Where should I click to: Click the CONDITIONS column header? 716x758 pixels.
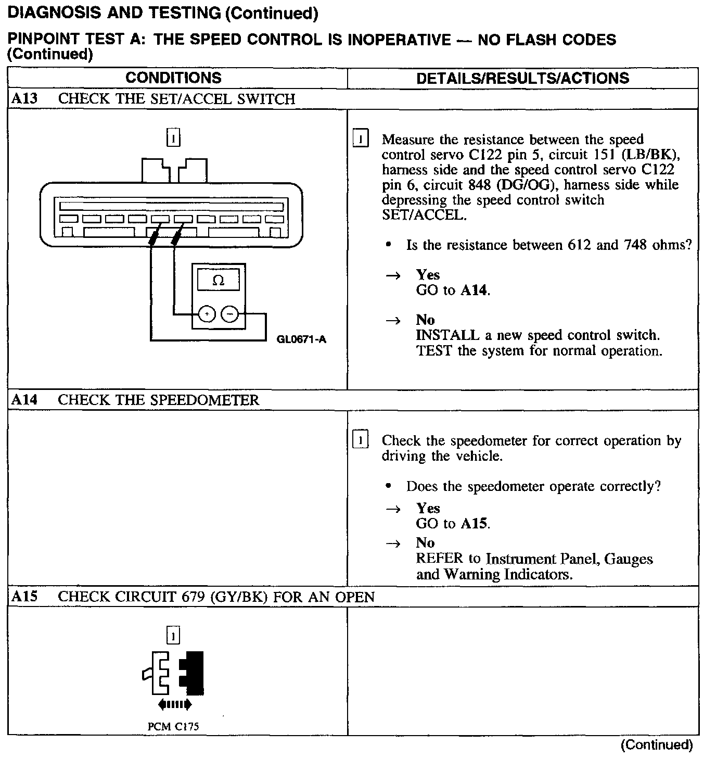[x=173, y=78]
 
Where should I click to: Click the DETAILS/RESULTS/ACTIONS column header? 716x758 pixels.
[x=522, y=79]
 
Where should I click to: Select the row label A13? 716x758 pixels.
[x=24, y=99]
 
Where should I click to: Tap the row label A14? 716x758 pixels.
[x=24, y=400]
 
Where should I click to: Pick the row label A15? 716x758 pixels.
[x=24, y=597]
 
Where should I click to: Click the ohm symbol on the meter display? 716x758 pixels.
[x=219, y=281]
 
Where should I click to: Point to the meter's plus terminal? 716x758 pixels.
[x=207, y=314]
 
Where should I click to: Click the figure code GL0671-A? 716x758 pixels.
[x=302, y=340]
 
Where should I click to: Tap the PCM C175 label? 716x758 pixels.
[x=173, y=727]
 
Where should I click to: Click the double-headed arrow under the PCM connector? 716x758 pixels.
[x=175, y=705]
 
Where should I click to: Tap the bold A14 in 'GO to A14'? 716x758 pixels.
[x=475, y=290]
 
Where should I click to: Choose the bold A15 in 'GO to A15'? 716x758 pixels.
[x=475, y=523]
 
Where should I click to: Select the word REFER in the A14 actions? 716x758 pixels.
[x=439, y=559]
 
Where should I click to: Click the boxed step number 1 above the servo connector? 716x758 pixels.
[x=173, y=138]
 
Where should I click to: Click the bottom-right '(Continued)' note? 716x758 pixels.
[x=657, y=745]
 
